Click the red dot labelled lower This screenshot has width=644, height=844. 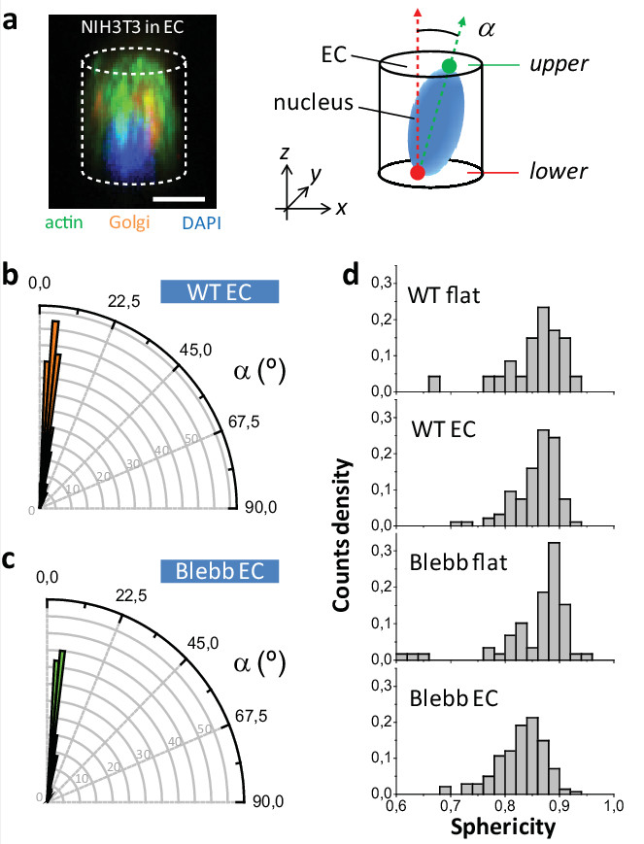pos(418,172)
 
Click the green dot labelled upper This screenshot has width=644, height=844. pos(449,66)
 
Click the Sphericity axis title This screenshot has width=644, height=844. pos(502,827)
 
